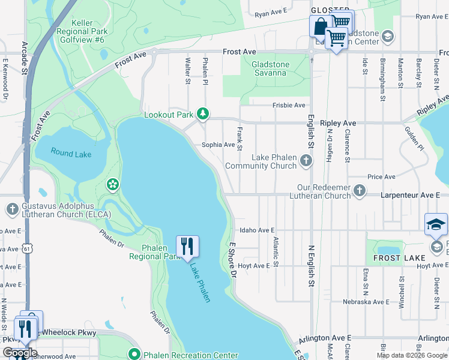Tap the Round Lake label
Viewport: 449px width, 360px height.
(x=71, y=154)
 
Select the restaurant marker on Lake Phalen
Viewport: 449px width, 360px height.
(x=187, y=246)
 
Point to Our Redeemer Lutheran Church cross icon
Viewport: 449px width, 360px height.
(x=359, y=191)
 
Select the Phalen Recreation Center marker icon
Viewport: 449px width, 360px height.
(x=135, y=355)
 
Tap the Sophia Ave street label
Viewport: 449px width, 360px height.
(x=218, y=145)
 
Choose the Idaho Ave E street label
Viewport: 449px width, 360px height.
(x=256, y=230)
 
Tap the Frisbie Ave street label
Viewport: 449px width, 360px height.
(x=289, y=105)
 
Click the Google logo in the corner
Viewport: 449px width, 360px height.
(x=19, y=353)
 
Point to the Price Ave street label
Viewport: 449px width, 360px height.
(x=381, y=177)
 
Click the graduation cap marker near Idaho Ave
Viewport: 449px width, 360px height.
(x=436, y=224)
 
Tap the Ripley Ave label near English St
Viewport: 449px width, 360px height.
(x=338, y=123)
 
